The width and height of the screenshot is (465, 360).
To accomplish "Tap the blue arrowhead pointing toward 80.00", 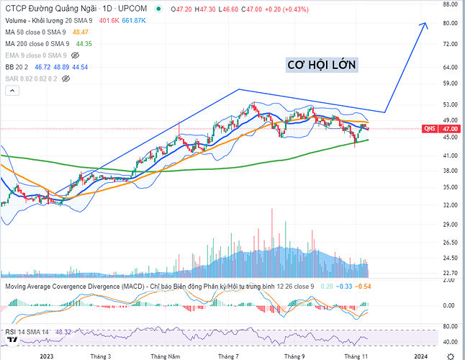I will pos(424,25).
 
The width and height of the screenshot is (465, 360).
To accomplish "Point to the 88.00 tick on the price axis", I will pos(451,4).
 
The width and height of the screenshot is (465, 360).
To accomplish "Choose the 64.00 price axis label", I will pos(451,68).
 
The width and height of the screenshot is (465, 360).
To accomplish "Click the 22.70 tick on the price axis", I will pos(451,273).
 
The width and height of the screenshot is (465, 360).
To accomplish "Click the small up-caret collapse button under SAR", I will pos(11,90).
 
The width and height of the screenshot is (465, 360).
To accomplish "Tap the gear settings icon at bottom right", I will pos(451,355).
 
